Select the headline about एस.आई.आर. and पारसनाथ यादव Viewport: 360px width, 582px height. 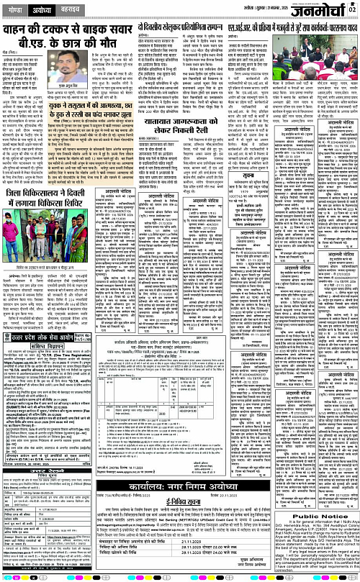click(297, 29)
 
